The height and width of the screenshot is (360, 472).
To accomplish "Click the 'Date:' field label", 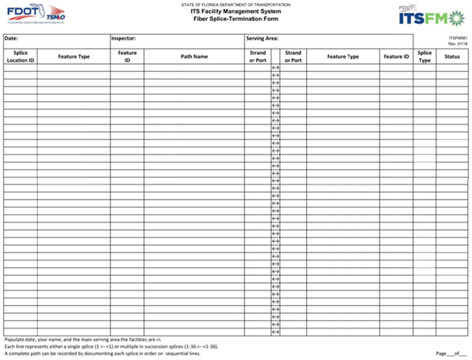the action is (11, 38).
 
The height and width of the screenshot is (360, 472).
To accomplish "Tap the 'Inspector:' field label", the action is (124, 38).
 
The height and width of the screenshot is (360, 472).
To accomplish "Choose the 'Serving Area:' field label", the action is (262, 38).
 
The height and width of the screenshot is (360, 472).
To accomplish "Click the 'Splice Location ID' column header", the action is (20, 57).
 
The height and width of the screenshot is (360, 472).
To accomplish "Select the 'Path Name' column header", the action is (194, 57).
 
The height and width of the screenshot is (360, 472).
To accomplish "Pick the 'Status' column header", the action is (453, 57).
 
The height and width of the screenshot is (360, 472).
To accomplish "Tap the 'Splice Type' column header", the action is (424, 57).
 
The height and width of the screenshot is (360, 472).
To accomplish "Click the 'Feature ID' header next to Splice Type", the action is (396, 57).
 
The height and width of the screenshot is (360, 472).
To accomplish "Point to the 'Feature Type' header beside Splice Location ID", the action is (74, 57).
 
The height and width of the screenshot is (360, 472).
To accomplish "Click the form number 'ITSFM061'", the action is (458, 37).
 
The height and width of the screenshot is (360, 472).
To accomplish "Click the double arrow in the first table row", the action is (275, 67).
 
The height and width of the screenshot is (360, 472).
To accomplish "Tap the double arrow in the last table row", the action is (275, 332).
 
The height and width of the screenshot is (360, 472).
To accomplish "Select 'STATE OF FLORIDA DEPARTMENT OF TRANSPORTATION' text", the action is (235, 5).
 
